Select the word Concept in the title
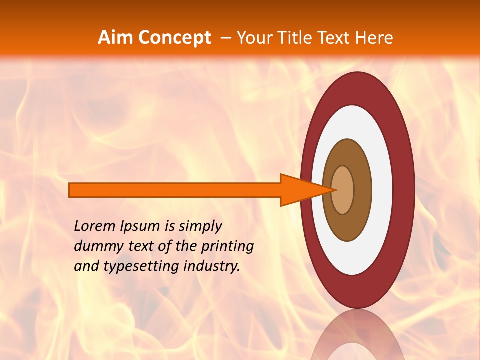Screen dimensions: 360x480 click(x=174, y=37)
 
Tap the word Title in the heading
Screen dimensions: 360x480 click(x=296, y=37)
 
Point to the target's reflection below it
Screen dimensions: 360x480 click(x=358, y=337)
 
